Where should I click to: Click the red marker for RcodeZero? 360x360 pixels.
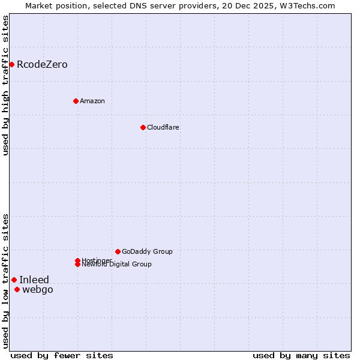click(11, 64)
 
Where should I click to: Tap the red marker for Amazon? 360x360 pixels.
click(76, 101)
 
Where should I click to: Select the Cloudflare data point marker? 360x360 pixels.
click(143, 127)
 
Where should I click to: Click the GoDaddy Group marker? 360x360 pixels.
click(118, 251)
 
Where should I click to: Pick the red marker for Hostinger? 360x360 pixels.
click(77, 260)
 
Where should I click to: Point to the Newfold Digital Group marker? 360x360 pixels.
click(77, 265)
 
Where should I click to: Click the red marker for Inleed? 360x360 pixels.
click(14, 280)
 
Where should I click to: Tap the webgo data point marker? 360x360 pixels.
click(17, 290)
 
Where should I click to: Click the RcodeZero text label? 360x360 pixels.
click(42, 64)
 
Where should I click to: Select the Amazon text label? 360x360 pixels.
click(92, 101)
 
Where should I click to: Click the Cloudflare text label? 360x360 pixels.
click(163, 127)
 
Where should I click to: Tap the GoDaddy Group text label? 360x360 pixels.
click(147, 251)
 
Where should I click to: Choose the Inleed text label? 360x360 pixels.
click(34, 280)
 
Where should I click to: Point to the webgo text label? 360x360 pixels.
click(38, 290)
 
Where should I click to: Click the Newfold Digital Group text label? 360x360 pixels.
click(117, 265)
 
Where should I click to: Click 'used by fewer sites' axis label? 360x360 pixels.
click(62, 355)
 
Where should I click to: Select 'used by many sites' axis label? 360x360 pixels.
click(301, 355)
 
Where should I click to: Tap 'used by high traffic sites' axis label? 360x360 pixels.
click(5, 86)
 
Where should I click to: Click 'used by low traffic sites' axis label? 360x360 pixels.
click(5, 281)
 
